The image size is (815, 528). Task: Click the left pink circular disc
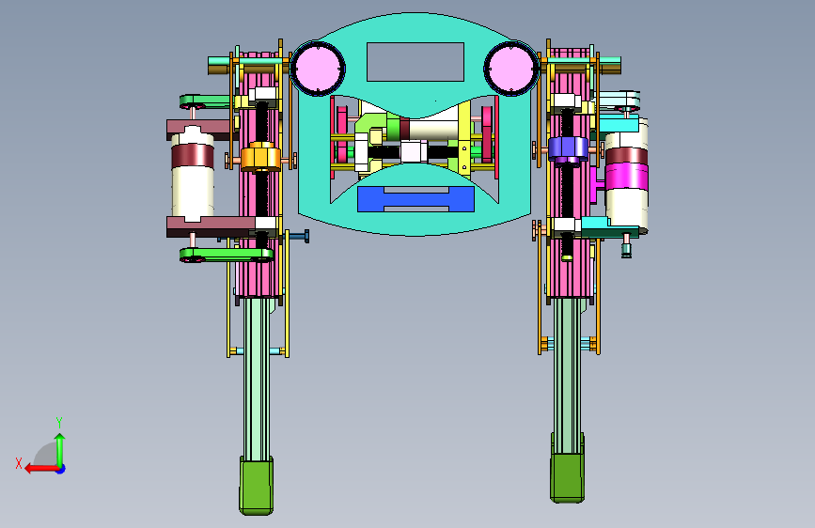(318, 69)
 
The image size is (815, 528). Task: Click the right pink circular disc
(511, 69)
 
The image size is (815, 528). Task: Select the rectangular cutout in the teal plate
(415, 62)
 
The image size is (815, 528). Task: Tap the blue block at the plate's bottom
(415, 199)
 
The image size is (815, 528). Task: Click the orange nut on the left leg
(260, 156)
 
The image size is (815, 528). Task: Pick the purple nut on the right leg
(568, 149)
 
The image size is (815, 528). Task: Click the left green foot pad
(257, 486)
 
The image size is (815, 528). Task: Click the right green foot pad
(568, 476)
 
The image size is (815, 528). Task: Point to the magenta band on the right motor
(627, 176)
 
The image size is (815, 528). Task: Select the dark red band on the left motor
(193, 155)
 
